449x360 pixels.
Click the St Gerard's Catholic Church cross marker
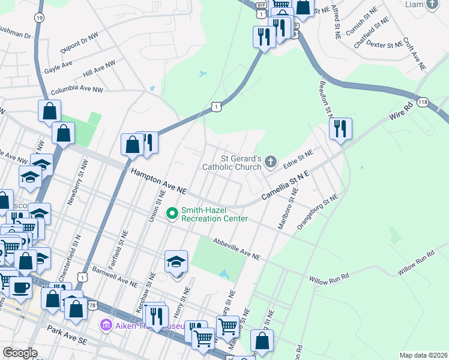[x=271, y=161]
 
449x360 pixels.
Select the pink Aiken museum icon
[x=106, y=326]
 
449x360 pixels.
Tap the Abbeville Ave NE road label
[x=237, y=248]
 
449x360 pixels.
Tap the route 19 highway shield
[x=40, y=18]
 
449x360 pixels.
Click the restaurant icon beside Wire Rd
[x=340, y=128]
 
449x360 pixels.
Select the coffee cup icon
[x=20, y=287]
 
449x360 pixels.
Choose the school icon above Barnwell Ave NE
[x=176, y=262]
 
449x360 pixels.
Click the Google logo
[x=20, y=353]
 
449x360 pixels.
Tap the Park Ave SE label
[x=68, y=336]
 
